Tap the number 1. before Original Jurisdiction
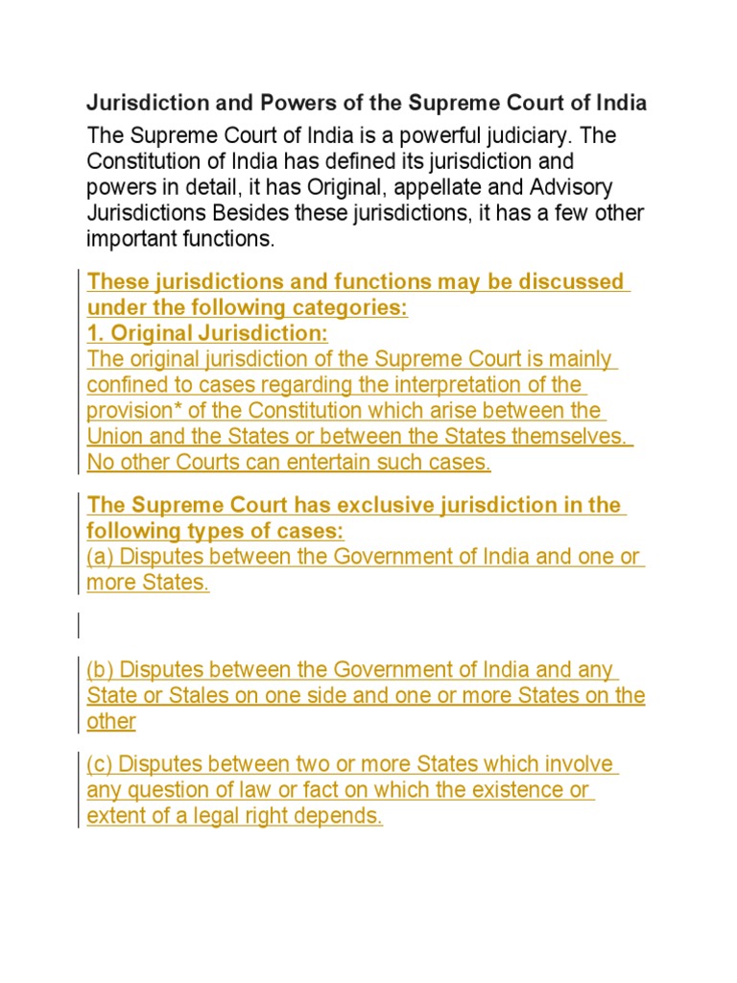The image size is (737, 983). point(95,334)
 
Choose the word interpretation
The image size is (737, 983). point(466,385)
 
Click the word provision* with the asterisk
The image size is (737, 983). point(130,411)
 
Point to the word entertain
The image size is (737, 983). point(344,463)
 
